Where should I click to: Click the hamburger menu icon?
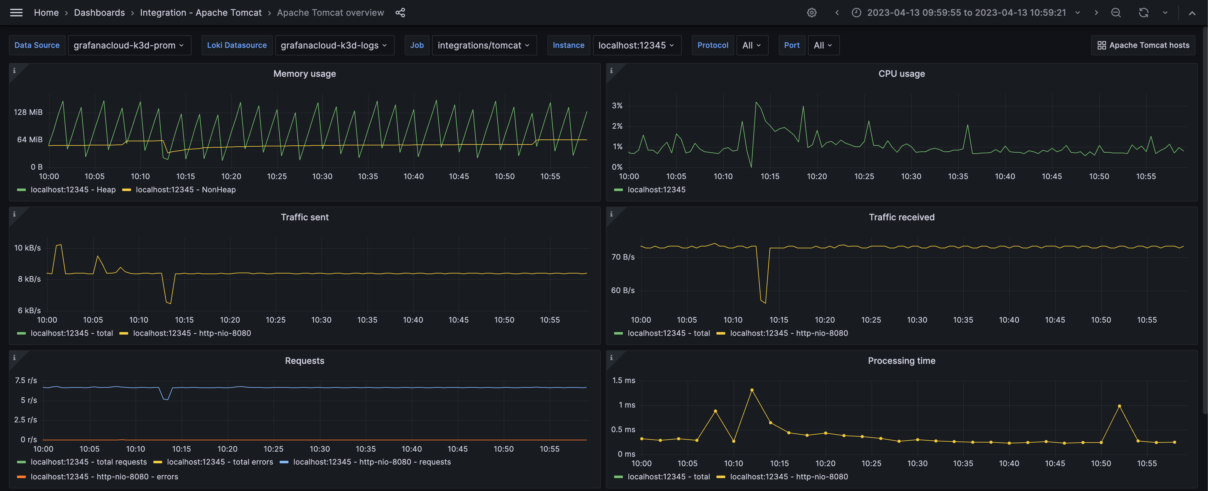[x=16, y=13]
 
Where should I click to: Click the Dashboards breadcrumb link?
[x=100, y=13]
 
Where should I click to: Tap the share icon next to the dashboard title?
[x=400, y=13]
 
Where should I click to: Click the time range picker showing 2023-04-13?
[x=966, y=13]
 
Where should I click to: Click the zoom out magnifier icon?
[x=1116, y=13]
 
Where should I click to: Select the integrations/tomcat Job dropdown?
[x=483, y=45]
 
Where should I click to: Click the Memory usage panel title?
[x=304, y=74]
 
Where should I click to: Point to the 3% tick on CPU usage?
[x=617, y=106]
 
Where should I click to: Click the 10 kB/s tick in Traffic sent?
[x=27, y=248]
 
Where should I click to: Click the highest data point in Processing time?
[x=752, y=390]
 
